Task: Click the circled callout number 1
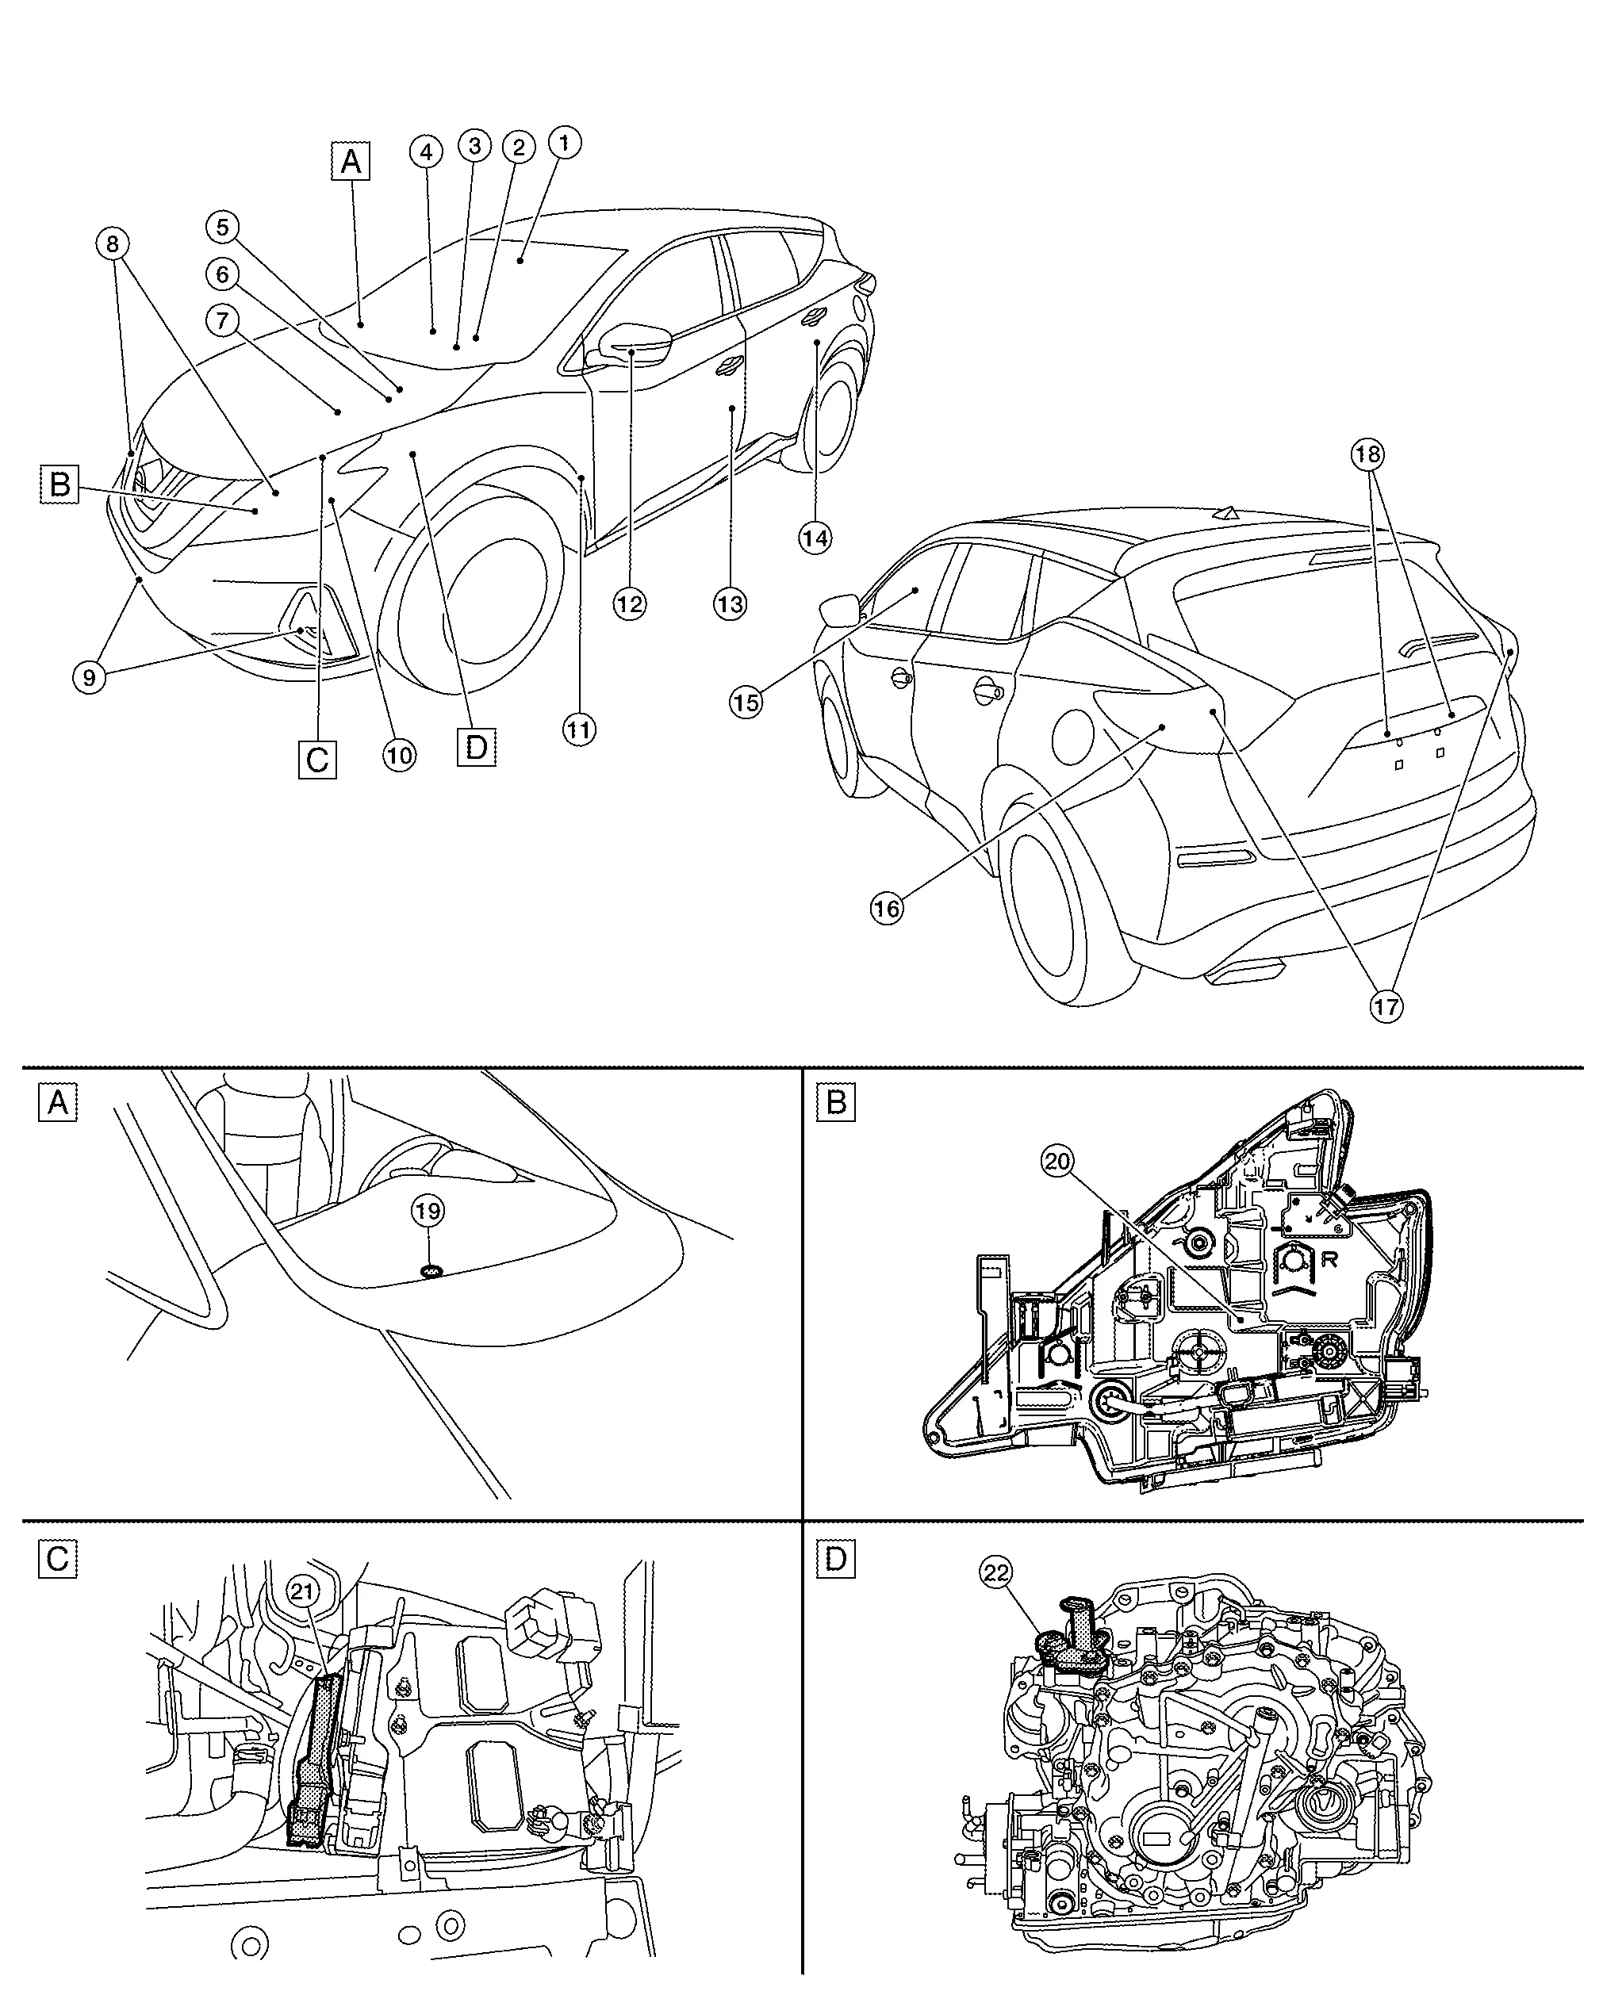point(564,143)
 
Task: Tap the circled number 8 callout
point(112,244)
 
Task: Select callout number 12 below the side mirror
point(629,604)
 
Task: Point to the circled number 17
point(1386,1006)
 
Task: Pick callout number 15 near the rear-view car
point(746,703)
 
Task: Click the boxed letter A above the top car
point(351,162)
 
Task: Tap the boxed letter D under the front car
point(477,747)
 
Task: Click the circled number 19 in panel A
point(429,1210)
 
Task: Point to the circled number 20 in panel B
point(1057,1159)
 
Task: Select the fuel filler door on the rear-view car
point(1074,736)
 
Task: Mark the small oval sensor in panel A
point(431,1273)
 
